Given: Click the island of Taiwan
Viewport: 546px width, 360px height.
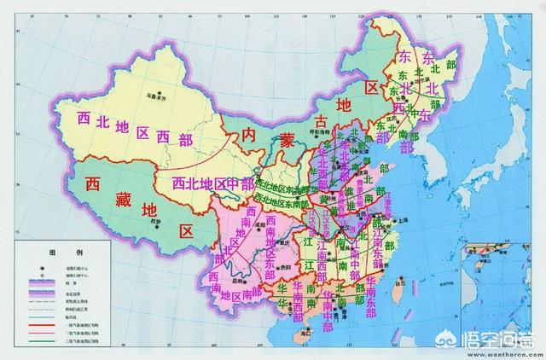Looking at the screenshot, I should [x=398, y=291].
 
